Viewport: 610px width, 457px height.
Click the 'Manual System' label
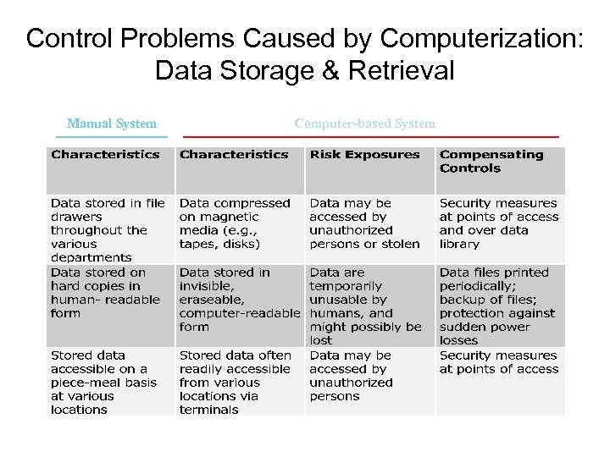point(112,124)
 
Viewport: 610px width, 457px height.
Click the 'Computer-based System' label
point(365,124)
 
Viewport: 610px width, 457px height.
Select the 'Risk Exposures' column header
point(364,155)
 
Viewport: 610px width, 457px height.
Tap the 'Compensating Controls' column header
point(491,161)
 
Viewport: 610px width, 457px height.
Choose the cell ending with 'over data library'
point(498,223)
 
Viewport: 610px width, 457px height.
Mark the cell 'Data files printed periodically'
point(497,306)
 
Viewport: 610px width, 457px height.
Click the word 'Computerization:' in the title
point(482,39)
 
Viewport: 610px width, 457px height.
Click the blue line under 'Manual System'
point(117,136)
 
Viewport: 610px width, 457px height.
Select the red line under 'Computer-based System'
point(371,136)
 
